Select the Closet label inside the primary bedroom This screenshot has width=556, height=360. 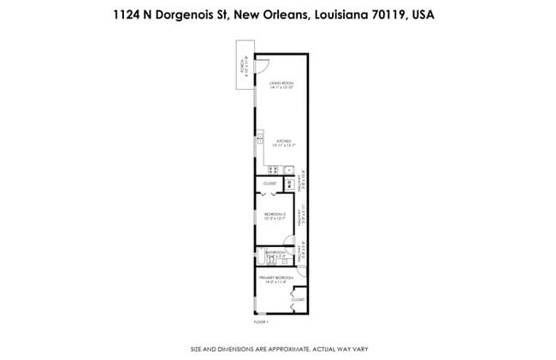tap(298, 300)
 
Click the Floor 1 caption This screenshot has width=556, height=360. tap(262, 322)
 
